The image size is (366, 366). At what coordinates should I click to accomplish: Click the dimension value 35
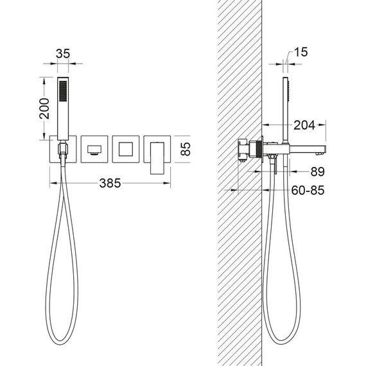(63, 54)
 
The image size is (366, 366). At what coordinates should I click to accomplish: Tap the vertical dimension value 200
(44, 109)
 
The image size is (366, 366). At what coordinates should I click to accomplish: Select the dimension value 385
(110, 183)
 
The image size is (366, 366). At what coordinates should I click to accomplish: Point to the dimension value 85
(186, 149)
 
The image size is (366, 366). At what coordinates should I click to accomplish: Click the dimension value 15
(301, 52)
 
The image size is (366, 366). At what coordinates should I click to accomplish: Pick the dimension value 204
(304, 125)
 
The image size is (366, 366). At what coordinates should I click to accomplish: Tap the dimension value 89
(317, 172)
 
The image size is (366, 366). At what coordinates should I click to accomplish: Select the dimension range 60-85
(308, 191)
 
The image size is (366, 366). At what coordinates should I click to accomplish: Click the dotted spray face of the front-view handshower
(63, 91)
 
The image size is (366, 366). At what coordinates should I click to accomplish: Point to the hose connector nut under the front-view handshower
(63, 148)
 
